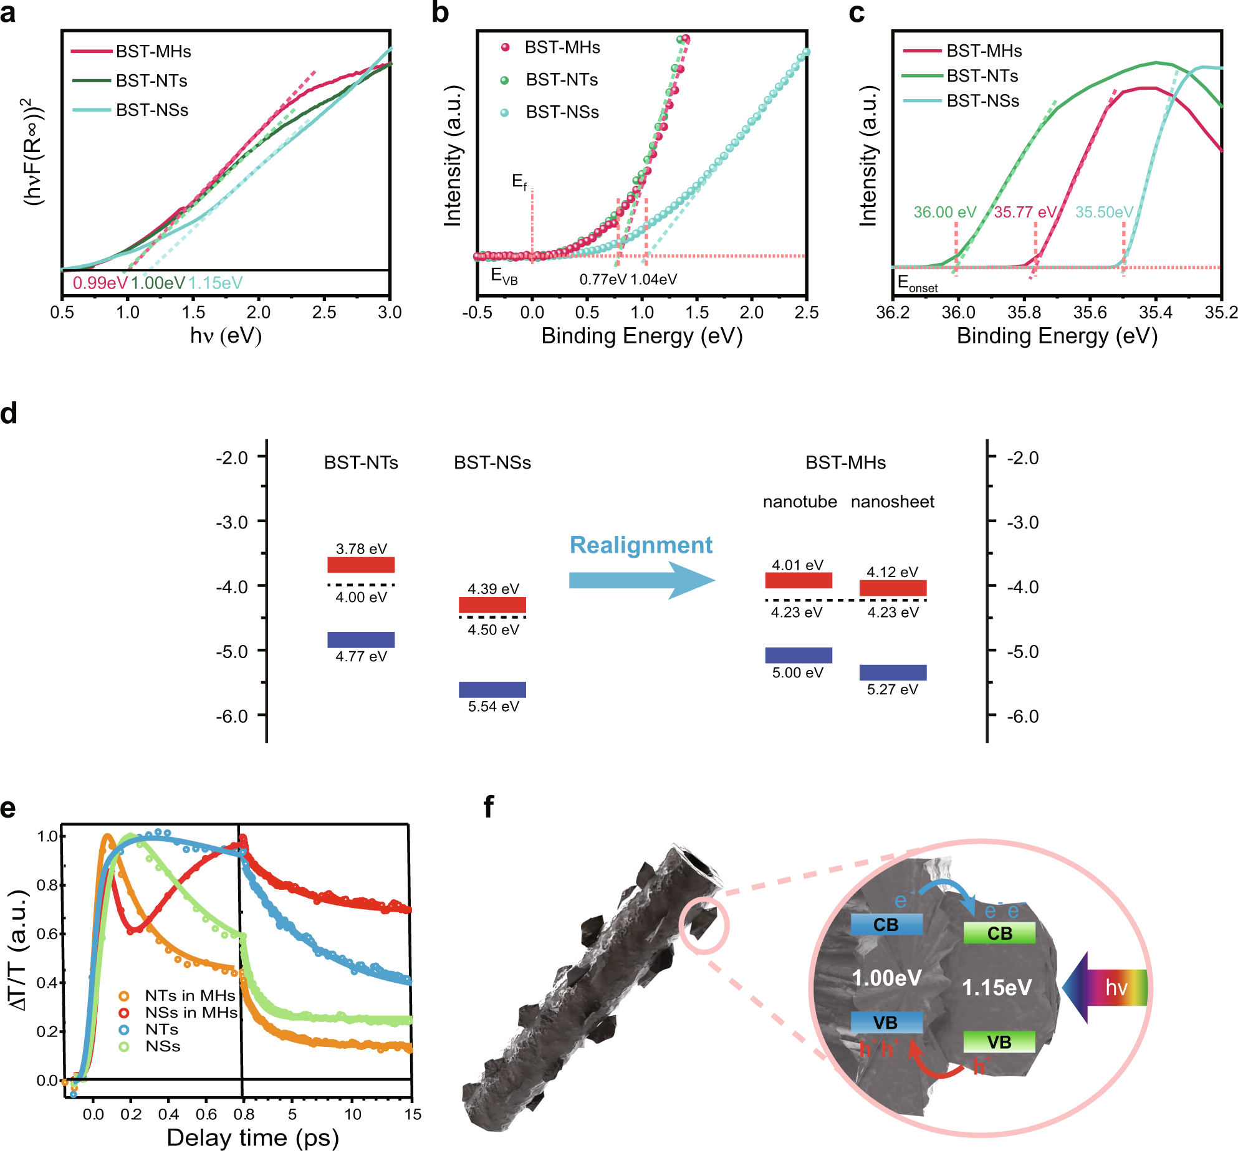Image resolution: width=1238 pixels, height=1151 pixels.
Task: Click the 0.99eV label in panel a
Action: point(100,283)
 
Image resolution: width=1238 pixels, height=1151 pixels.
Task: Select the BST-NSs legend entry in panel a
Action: point(151,110)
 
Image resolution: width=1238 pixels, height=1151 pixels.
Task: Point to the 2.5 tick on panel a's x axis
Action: point(324,312)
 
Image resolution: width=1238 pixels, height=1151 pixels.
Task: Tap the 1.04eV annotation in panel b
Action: point(654,280)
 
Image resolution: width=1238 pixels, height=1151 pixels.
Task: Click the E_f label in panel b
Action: point(519,181)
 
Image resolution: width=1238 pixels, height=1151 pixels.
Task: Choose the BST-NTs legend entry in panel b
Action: point(561,80)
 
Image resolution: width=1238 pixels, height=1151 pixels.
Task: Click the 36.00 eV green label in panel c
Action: point(944,213)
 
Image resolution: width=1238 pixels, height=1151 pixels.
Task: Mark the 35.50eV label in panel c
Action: point(1104,213)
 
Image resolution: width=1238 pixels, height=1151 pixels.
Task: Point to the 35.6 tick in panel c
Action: point(1090,312)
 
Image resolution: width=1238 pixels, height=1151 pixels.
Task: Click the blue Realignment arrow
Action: point(641,580)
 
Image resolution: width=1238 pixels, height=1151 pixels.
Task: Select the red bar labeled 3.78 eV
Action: point(361,565)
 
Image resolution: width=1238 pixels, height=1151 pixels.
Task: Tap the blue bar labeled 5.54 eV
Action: point(492,689)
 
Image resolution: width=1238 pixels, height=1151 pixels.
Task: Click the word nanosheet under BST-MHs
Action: point(892,502)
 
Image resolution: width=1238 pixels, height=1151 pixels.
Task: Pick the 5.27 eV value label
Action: point(892,689)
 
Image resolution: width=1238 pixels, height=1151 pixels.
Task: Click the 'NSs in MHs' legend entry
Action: point(190,1013)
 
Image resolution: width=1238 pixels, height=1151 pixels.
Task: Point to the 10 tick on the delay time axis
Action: point(353,1114)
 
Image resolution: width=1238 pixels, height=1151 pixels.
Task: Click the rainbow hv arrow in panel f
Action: point(1107,987)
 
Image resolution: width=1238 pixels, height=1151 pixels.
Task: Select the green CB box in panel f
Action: point(999,933)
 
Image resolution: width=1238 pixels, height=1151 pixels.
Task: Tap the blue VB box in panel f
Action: point(886,1023)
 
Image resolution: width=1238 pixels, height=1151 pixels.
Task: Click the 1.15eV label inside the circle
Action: point(997,987)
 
